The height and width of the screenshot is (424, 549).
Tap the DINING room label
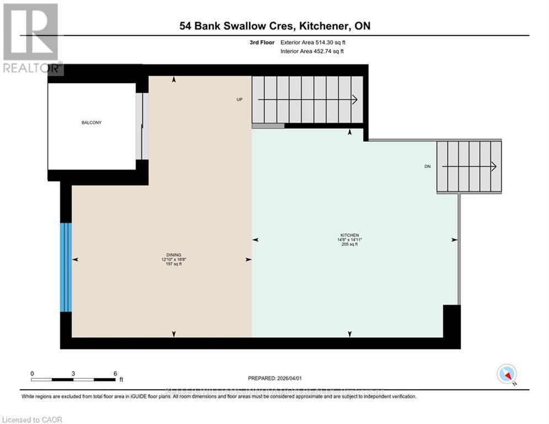tap(172, 255)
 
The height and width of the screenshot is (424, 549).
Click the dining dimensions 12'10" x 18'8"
tap(172, 259)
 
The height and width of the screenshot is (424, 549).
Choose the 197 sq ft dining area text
tap(172, 264)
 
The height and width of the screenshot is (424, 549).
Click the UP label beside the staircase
tap(239, 99)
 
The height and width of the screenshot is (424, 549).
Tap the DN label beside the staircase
tap(427, 166)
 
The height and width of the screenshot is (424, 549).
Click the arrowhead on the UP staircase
tap(355, 99)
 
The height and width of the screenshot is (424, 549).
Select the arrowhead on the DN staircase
tap(493, 166)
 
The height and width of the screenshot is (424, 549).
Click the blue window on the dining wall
tap(66, 267)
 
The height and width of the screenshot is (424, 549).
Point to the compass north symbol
tap(506, 374)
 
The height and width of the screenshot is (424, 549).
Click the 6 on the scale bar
tap(115, 373)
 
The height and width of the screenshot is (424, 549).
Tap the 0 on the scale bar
tap(32, 373)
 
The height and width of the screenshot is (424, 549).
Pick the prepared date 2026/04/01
tap(292, 378)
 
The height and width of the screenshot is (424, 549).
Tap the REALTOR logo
tap(31, 39)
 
